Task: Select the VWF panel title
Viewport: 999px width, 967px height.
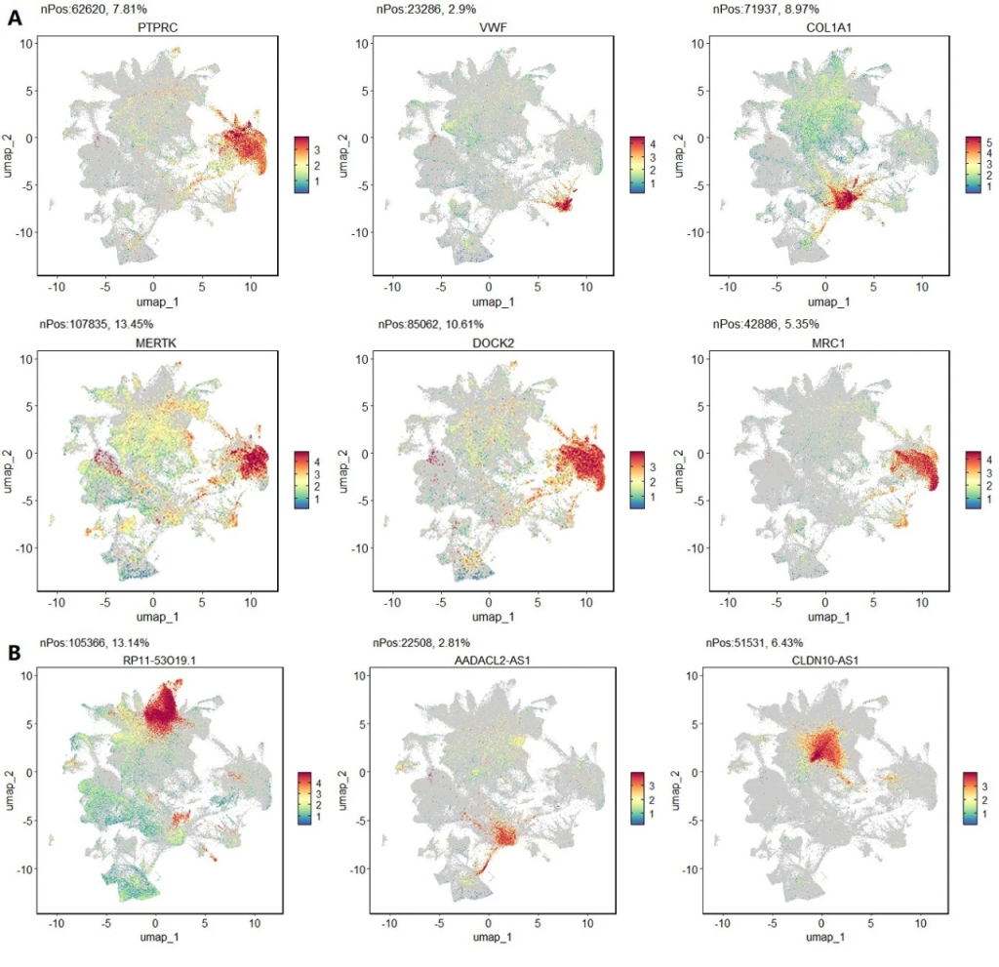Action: (491, 28)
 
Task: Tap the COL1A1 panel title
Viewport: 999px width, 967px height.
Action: (825, 28)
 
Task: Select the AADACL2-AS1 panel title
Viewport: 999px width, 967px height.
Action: (491, 659)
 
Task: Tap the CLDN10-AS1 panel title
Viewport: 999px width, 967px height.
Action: (825, 659)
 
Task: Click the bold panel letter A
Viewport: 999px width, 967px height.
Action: (16, 17)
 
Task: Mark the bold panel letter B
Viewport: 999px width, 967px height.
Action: (16, 649)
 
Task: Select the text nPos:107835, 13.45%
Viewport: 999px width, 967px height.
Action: (98, 325)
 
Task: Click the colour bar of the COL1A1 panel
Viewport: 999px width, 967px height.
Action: (972, 165)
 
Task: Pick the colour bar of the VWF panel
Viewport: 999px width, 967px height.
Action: (637, 165)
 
